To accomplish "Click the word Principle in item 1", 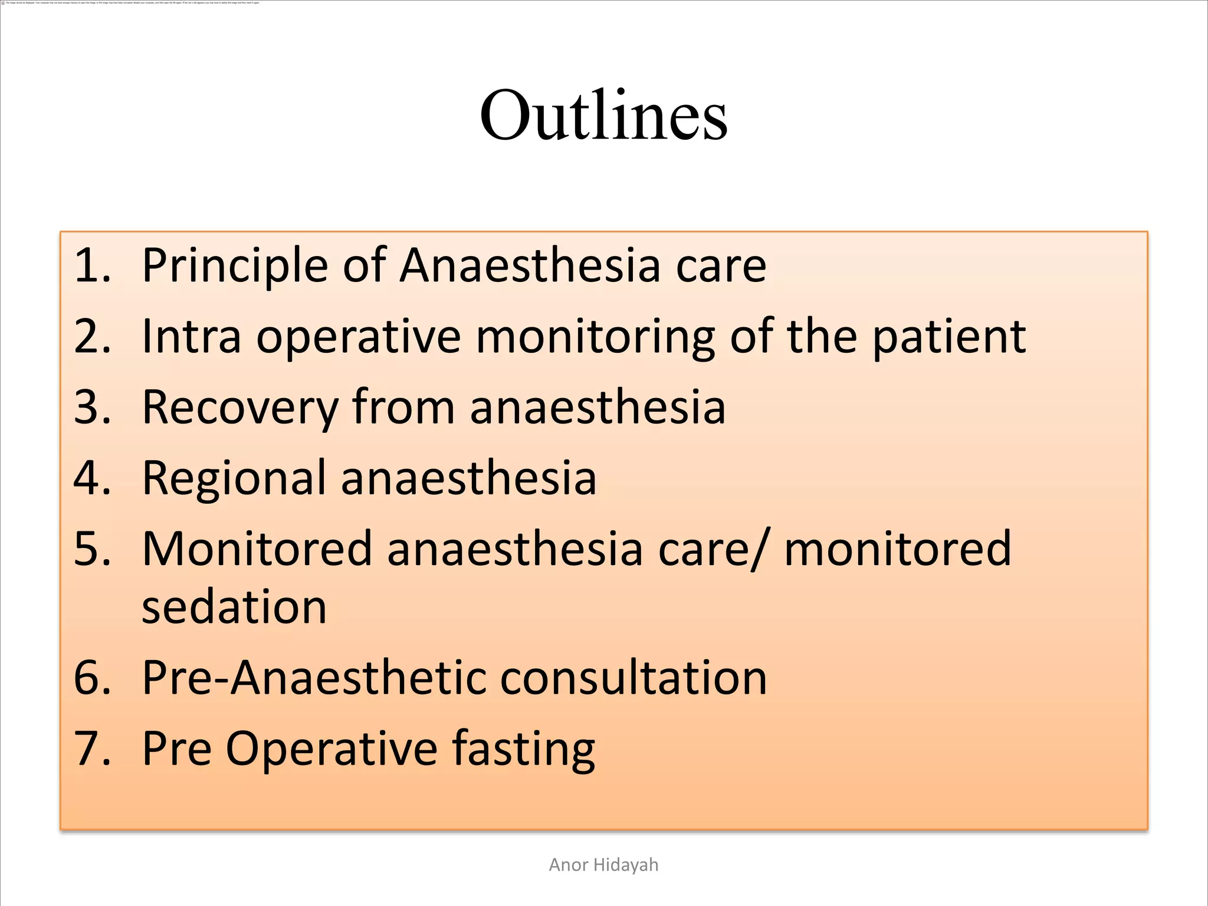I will (x=235, y=265).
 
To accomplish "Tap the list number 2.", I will (x=92, y=337).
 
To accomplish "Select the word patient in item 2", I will (x=948, y=337).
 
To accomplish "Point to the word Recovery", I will (x=240, y=408).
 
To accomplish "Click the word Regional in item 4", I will (x=234, y=478).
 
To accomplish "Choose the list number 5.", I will (x=92, y=549).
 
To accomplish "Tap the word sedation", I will (x=234, y=607).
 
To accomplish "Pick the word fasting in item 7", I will (x=523, y=749).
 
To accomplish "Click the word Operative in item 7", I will (x=331, y=749).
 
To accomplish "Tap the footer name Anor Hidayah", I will (x=603, y=865).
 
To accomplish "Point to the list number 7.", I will (x=92, y=749).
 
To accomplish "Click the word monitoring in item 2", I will (x=595, y=337).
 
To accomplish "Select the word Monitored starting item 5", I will (x=257, y=549).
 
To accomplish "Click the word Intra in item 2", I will (x=192, y=337).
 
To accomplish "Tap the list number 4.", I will (x=92, y=478).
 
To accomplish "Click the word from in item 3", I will (x=403, y=408).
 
